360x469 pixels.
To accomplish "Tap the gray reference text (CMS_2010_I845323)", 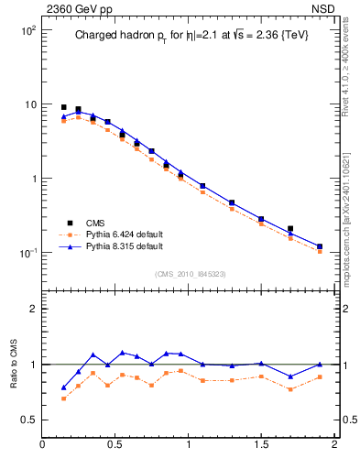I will (190, 273).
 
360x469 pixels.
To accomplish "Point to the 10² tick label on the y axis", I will (27, 30).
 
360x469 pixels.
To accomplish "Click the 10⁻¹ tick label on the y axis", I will (27, 253).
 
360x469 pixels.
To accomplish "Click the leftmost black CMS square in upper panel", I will (63, 107).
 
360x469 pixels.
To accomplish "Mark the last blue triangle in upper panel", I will (319, 245).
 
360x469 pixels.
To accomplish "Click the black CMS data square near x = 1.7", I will (290, 229).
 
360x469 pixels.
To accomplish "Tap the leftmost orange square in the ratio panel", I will (63, 398).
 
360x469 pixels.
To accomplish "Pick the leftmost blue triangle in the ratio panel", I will (63, 387).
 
